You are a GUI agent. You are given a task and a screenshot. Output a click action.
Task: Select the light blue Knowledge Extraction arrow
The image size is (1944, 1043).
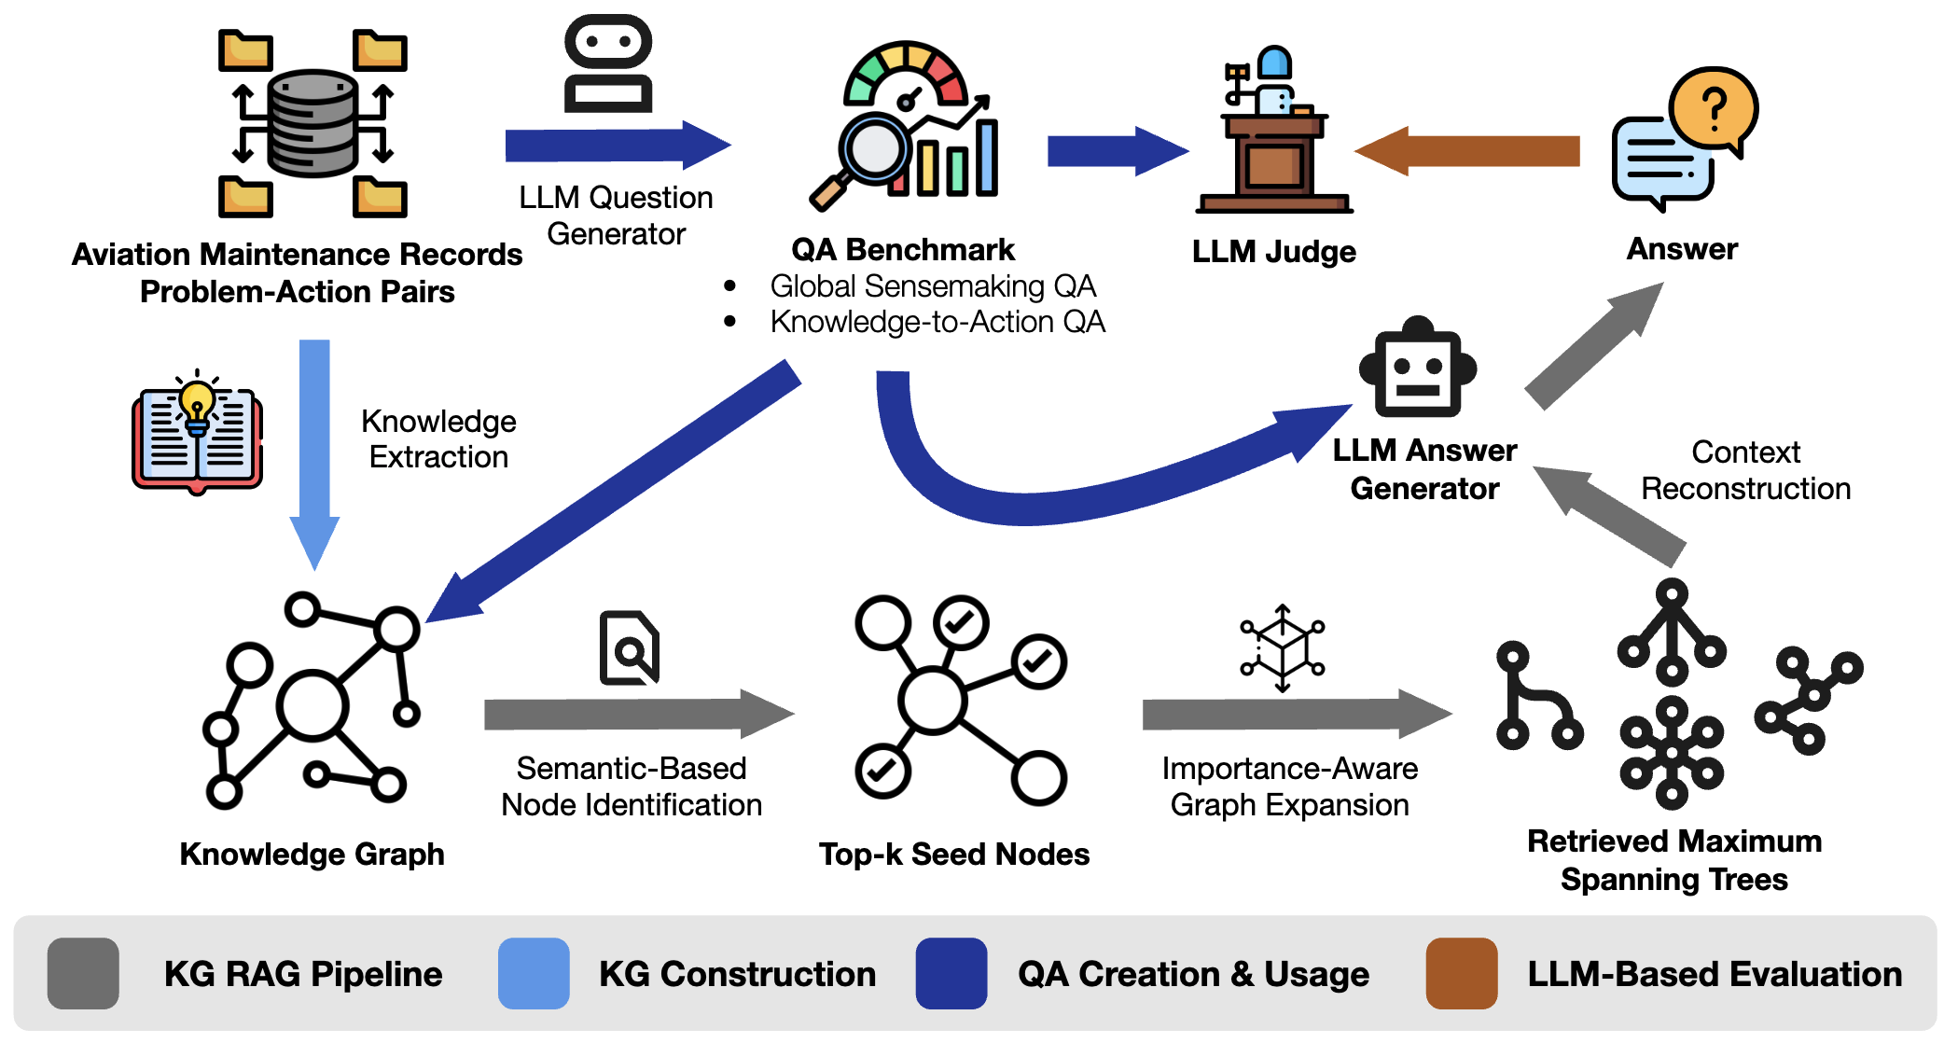tap(314, 448)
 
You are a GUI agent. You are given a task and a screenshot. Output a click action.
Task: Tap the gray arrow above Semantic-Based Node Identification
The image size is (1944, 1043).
tap(634, 714)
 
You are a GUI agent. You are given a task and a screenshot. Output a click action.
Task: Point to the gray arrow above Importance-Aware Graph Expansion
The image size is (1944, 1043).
tap(1292, 714)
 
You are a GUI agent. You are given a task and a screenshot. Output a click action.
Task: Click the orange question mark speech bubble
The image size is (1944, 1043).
tap(1714, 108)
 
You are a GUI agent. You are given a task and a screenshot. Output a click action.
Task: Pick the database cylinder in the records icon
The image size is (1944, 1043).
tap(312, 123)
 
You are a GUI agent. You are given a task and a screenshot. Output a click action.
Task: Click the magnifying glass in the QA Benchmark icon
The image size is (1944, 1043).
tap(874, 149)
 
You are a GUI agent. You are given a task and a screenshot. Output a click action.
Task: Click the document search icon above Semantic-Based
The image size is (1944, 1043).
tap(630, 647)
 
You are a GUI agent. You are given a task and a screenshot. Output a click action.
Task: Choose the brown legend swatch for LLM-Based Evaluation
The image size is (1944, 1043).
tap(1462, 973)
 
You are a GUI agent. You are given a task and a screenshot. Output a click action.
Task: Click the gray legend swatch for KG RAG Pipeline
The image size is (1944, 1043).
tap(83, 973)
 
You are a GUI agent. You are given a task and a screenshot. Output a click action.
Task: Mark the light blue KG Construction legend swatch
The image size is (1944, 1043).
tap(534, 973)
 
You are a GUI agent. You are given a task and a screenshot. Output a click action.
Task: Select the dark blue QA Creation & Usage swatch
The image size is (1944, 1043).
tap(951, 973)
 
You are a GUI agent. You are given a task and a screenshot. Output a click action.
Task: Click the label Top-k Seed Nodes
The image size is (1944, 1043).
tap(954, 854)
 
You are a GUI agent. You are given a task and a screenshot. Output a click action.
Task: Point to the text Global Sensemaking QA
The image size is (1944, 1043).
tap(933, 285)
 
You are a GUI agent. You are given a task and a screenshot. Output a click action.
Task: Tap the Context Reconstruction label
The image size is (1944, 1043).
tap(1745, 470)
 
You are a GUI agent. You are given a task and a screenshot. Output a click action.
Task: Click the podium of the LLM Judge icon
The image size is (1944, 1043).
tap(1274, 163)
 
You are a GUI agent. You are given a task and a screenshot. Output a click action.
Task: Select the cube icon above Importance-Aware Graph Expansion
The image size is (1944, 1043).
tap(1283, 647)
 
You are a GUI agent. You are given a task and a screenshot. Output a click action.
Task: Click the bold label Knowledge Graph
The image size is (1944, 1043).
tap(312, 854)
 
